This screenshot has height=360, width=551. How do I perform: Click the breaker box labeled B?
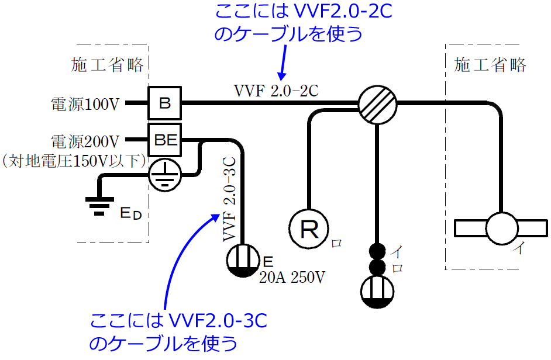coord(165,104)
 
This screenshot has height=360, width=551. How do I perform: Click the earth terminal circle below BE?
coord(164,174)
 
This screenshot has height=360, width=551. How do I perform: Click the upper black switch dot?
coord(377,251)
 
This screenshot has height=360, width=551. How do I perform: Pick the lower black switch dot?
coord(377,268)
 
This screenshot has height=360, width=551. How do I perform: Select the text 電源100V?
coord(85,105)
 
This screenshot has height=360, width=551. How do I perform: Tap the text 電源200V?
coord(85,141)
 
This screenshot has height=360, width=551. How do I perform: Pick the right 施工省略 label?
coord(490,64)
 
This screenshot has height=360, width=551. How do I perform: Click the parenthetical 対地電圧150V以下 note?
coord(74,161)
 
